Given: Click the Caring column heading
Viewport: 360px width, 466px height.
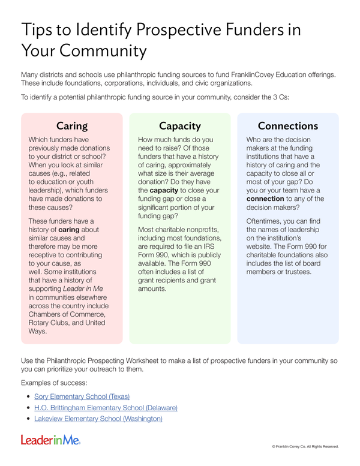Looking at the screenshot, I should tap(72, 126).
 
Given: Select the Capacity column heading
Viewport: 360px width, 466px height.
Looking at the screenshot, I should tap(180, 126).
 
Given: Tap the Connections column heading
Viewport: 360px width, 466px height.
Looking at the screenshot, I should tap(287, 126).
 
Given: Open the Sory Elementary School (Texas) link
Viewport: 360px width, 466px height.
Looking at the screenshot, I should tap(82, 396).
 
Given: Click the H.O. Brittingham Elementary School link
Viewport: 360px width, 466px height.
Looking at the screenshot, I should tap(106, 408).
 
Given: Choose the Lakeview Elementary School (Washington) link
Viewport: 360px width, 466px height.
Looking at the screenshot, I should tap(98, 419).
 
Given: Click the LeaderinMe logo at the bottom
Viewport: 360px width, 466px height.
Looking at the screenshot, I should tap(50, 441).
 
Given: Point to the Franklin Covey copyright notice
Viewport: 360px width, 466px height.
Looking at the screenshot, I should tap(305, 447).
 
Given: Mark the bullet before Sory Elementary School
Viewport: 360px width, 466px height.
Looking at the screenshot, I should tap(28, 397).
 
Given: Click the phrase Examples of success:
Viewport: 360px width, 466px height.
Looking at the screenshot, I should tap(50, 382).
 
